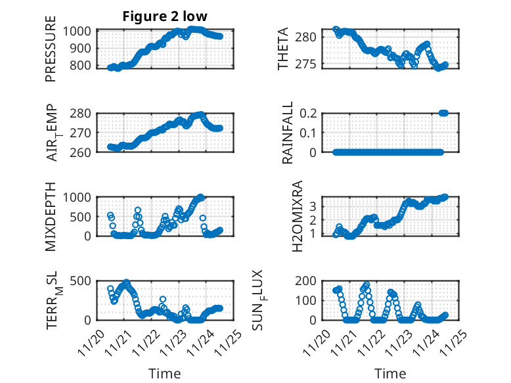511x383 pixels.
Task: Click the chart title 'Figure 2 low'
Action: click(x=164, y=18)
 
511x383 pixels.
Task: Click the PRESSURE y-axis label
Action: click(x=51, y=53)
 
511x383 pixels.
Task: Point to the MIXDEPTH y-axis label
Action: click(x=51, y=216)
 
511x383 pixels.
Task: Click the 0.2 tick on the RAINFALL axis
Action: click(x=311, y=114)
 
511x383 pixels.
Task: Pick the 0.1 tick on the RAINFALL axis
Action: click(x=311, y=133)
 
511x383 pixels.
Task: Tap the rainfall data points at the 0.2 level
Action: click(x=443, y=113)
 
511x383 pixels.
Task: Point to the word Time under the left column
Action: click(x=164, y=374)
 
